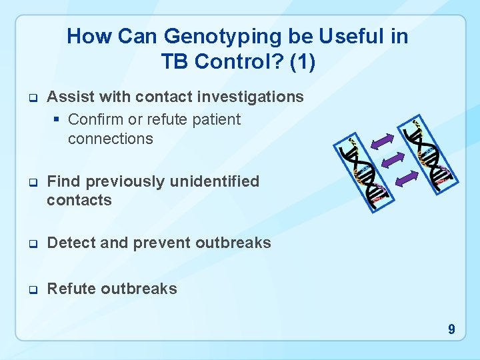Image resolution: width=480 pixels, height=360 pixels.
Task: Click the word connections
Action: (110, 139)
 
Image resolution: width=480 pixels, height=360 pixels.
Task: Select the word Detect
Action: (70, 243)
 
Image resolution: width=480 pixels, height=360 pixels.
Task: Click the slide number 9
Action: (451, 329)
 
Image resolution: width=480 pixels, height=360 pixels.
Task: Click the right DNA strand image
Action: (429, 154)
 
